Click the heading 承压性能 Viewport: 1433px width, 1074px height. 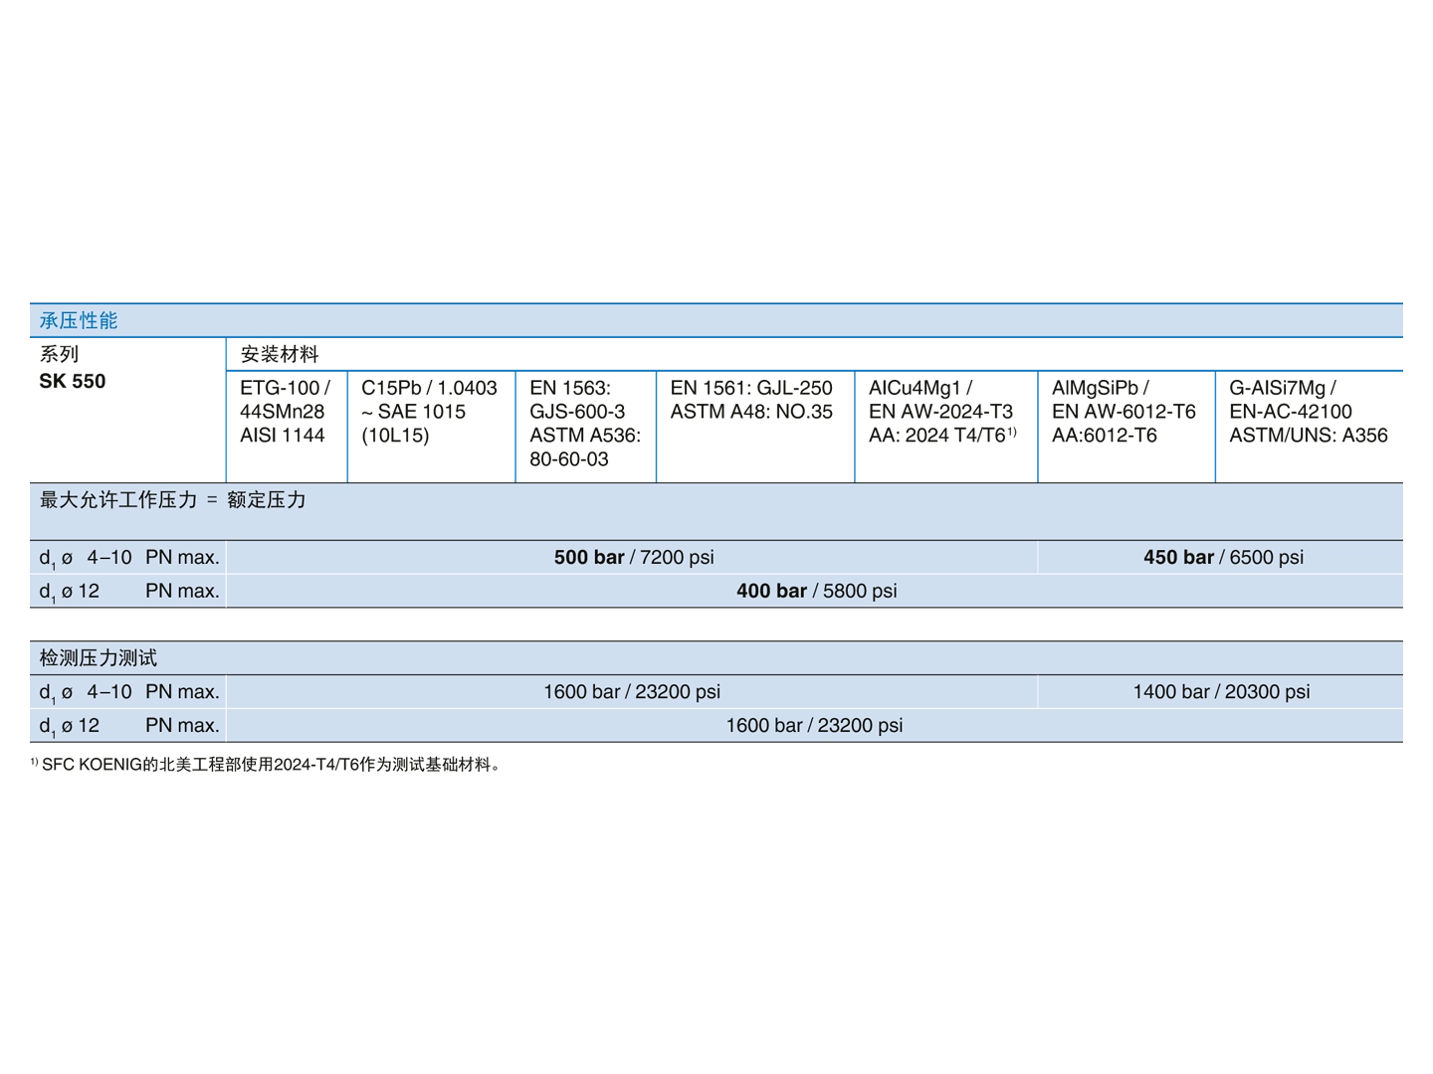pos(79,320)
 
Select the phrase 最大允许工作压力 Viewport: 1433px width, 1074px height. pos(118,499)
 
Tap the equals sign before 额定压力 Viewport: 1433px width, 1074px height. pos(211,500)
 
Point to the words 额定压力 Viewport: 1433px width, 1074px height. pos(267,499)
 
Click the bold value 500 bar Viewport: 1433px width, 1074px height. pos(589,557)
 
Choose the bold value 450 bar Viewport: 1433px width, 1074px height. pos(1178,557)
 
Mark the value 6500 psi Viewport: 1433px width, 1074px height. pos(1266,557)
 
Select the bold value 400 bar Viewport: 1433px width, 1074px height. pos(771,591)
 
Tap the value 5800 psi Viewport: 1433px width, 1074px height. pos(860,591)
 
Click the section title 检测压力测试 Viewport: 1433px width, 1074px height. pos(99,657)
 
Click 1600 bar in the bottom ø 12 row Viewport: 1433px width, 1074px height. pos(763,725)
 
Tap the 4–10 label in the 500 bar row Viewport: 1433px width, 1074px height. pos(109,557)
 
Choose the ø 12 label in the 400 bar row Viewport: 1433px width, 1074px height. pos(81,591)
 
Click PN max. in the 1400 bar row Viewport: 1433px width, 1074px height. pos(182,691)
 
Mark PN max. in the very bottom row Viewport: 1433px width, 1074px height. pos(182,725)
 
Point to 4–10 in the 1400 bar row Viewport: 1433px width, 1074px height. pos(109,691)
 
